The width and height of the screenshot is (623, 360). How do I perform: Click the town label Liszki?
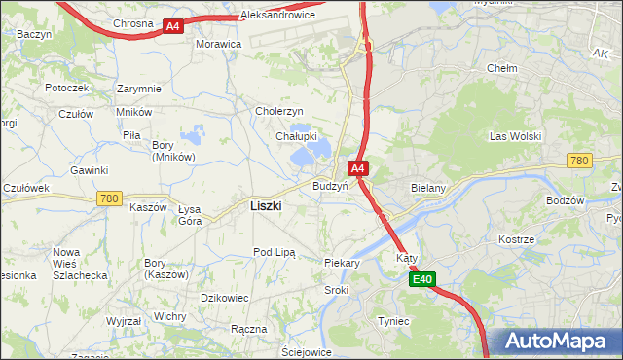(266, 205)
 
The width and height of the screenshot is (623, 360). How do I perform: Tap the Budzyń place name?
(330, 185)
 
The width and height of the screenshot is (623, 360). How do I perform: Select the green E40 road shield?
(421, 280)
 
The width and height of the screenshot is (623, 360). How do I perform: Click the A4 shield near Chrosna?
(172, 26)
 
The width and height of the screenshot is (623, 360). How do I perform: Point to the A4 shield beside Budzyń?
(358, 168)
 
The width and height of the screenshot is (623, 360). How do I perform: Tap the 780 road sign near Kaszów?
(109, 198)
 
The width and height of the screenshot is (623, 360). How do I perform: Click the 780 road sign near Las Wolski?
(580, 161)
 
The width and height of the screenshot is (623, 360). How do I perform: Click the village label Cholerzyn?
(280, 111)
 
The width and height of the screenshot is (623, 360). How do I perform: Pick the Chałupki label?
(294, 137)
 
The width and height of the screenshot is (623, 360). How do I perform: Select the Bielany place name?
(428, 187)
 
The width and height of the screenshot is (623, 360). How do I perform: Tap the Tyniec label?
(393, 321)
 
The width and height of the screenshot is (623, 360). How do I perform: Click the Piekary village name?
(342, 263)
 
